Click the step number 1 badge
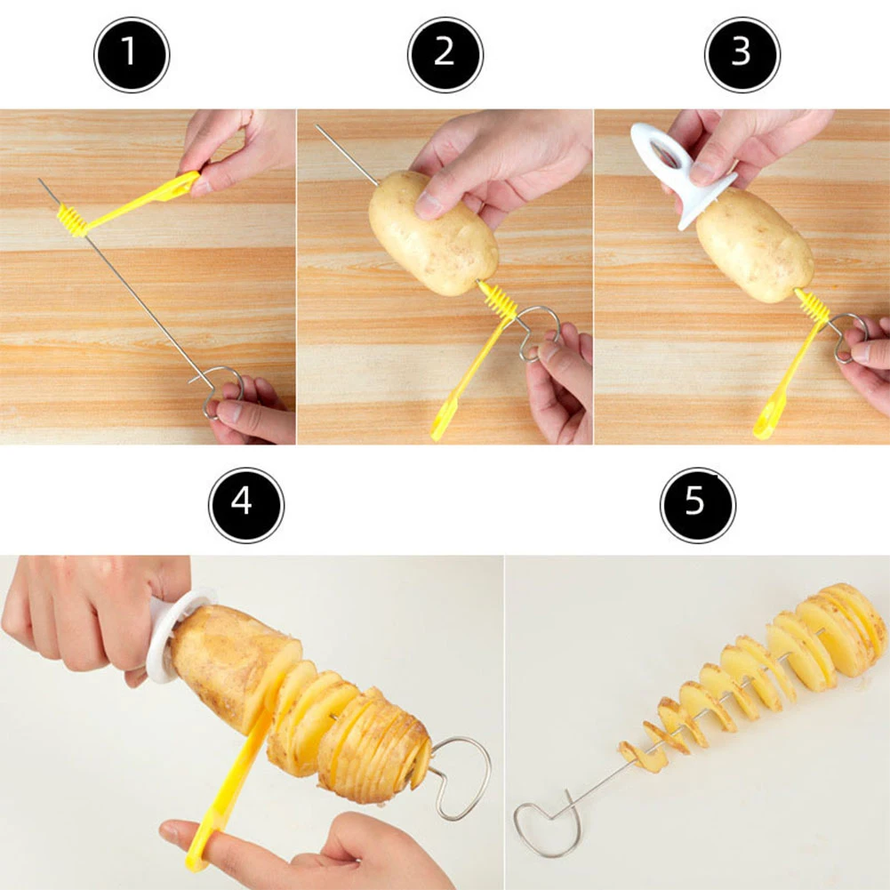[x=132, y=54]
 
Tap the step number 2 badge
[x=445, y=54]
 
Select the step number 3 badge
[x=742, y=54]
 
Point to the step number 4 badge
[x=245, y=505]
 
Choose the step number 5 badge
[x=697, y=505]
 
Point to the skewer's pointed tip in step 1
[x=41, y=181]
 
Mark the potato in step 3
[x=754, y=245]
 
